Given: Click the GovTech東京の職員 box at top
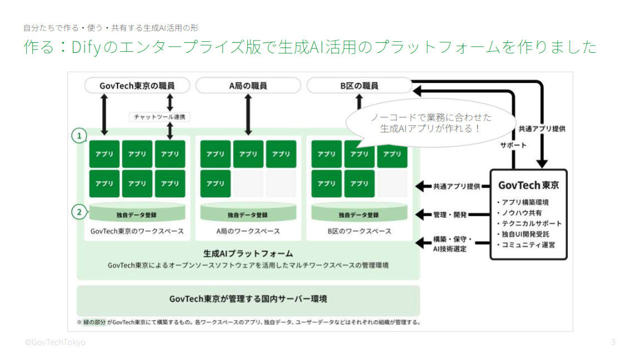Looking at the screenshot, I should point(137,86).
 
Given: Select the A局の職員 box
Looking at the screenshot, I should point(248,86).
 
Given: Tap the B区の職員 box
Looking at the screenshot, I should point(360,86).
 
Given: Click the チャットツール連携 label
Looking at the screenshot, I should point(160,117).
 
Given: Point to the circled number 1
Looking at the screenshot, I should point(80,135).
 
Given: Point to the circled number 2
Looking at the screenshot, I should point(80,211).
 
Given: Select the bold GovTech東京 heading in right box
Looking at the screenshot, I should point(528,185).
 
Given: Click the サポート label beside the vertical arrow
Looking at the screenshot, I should point(513,145).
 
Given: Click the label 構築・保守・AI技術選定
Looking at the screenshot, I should point(452,244).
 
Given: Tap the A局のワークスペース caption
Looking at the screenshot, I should point(248,231).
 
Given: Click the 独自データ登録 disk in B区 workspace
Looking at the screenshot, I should point(359,214).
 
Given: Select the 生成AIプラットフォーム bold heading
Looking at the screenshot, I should point(248,253).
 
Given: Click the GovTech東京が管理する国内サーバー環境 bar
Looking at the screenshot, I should point(248,299).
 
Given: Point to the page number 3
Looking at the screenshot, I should point(613,342).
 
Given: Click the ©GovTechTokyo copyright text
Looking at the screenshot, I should point(55,342).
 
